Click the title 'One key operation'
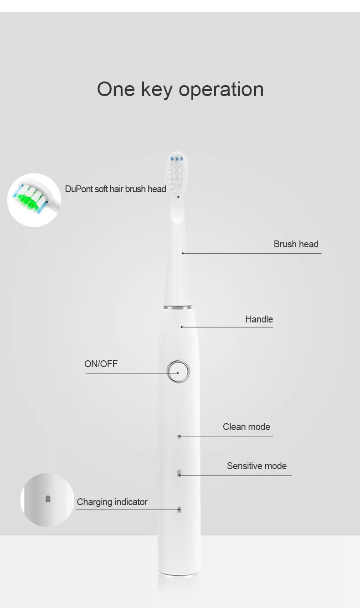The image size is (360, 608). (180, 89)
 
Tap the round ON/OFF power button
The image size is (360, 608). (178, 371)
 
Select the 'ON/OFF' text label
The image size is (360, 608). (101, 363)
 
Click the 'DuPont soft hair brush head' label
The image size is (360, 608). (115, 189)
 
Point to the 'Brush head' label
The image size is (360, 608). (296, 244)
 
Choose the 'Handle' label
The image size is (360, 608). (259, 319)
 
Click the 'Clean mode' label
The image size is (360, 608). (246, 427)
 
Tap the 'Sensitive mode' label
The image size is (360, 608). (257, 466)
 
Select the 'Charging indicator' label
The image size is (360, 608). (112, 502)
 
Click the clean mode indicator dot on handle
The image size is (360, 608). (179, 436)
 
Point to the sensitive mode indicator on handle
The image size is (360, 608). (179, 473)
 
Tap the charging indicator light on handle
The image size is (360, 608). (179, 509)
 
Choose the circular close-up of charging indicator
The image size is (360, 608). (47, 500)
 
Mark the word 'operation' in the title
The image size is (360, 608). (221, 90)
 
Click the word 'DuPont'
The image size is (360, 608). (79, 189)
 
